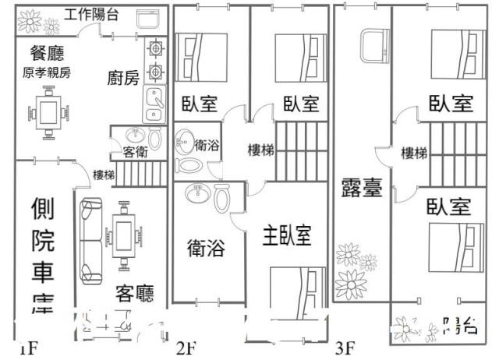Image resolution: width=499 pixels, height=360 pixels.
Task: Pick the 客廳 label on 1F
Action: (x=134, y=293)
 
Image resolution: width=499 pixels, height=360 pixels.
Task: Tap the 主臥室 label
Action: (x=286, y=235)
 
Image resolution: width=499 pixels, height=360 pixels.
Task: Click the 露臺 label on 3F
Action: (x=361, y=188)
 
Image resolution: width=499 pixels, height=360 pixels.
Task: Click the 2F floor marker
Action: (x=186, y=348)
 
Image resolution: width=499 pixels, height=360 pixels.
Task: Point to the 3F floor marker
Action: (x=345, y=348)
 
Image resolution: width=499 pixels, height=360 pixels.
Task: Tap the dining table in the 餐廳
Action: (x=48, y=115)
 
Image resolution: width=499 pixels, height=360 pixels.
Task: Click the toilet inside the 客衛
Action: (x=154, y=139)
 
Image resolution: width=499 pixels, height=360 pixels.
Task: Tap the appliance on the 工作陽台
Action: (x=146, y=20)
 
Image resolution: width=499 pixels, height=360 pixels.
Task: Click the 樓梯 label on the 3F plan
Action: (x=413, y=153)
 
